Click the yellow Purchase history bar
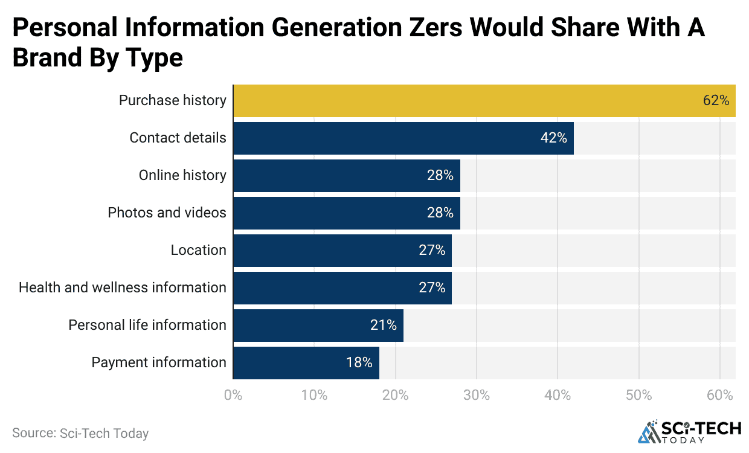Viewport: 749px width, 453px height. [x=483, y=101]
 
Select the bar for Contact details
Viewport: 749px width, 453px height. [x=403, y=138]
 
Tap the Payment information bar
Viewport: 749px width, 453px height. [x=306, y=363]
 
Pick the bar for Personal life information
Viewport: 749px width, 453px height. [x=318, y=326]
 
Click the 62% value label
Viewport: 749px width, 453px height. [x=716, y=101]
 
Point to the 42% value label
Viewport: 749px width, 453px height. [x=553, y=138]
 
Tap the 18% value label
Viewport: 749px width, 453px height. [x=359, y=363]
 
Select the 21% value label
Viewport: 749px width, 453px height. [x=384, y=326]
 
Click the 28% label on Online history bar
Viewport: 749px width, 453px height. [x=440, y=176]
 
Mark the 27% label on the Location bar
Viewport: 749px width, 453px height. [x=432, y=251]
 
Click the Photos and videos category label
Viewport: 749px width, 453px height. [x=167, y=213]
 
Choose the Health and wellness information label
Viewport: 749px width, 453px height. [x=123, y=288]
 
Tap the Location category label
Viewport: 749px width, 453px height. [x=198, y=251]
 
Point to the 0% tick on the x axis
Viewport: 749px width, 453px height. [x=233, y=396]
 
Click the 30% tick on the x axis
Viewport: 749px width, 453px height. [x=477, y=396]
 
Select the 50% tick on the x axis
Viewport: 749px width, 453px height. [x=639, y=396]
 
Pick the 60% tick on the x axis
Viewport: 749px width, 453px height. [x=720, y=396]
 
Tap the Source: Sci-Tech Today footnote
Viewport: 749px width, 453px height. [x=80, y=433]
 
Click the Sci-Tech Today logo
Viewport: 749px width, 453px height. [x=689, y=431]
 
